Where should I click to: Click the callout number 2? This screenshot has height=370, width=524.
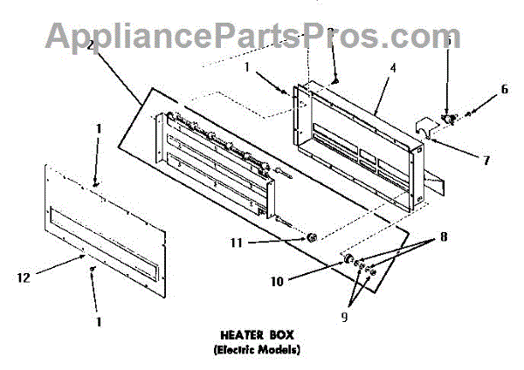(90, 45)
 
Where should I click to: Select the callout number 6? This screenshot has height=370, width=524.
(504, 89)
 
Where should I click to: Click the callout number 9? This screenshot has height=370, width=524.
(343, 317)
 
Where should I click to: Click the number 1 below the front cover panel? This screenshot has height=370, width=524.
(99, 321)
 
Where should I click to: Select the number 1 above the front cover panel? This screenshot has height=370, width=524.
(98, 128)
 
